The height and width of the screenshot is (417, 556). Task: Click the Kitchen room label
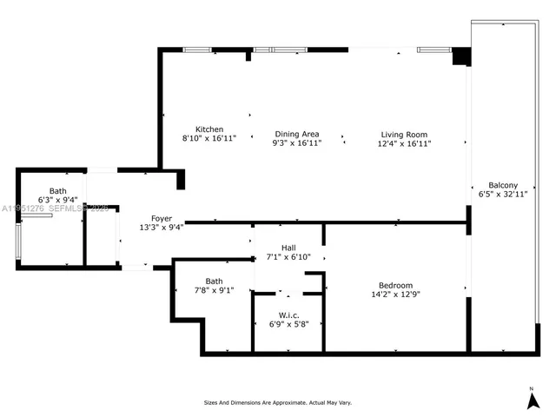tap(209, 129)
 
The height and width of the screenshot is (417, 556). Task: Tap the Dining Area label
tap(296, 134)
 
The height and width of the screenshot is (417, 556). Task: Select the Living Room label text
tap(405, 134)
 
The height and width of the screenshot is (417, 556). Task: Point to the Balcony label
tap(503, 185)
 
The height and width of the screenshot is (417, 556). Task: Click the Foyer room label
tap(162, 218)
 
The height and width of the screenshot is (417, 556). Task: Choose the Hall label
tap(288, 248)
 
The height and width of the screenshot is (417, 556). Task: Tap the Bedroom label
tap(395, 286)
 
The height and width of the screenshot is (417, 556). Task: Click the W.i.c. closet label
tap(289, 314)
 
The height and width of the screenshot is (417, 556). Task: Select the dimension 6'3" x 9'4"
tap(57, 200)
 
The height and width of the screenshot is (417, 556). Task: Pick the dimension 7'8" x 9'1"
tap(214, 290)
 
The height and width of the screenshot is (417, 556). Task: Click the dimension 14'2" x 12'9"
tap(395, 295)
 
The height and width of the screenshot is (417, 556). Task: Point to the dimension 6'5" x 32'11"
tap(504, 195)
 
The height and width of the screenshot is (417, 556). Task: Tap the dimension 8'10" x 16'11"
tap(209, 138)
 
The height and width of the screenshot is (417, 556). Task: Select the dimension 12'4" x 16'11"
tap(405, 143)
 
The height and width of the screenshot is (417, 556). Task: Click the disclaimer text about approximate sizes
tap(278, 403)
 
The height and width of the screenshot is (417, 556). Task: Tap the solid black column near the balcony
tap(461, 56)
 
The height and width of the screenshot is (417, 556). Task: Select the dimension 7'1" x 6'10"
tap(288, 257)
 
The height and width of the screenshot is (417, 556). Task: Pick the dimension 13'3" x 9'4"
tap(162, 228)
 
